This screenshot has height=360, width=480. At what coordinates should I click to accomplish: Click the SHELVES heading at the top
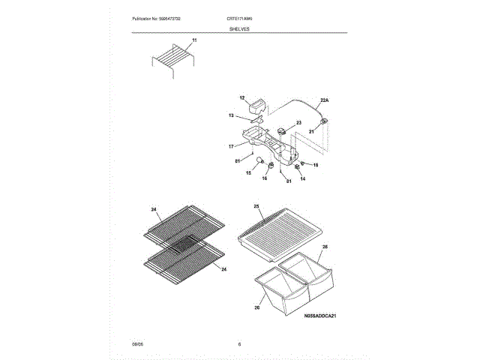[x=239, y=28]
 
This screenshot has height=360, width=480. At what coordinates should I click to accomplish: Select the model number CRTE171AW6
[x=239, y=17]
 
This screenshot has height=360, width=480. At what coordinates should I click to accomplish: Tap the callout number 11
[x=193, y=39]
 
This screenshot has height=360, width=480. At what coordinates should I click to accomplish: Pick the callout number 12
[x=242, y=98]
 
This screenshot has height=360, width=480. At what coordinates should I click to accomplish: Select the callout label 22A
[x=324, y=99]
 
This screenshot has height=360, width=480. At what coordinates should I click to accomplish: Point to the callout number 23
[x=298, y=123]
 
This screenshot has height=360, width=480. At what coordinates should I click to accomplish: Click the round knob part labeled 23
[x=283, y=131]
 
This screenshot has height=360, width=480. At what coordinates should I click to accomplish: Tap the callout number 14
[x=303, y=178]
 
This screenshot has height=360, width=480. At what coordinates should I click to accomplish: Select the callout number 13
[x=232, y=115]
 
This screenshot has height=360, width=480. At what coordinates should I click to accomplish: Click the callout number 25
[x=256, y=205]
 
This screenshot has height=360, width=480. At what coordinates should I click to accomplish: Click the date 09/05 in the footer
[x=137, y=344]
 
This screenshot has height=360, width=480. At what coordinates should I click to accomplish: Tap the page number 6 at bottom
[x=239, y=344]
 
